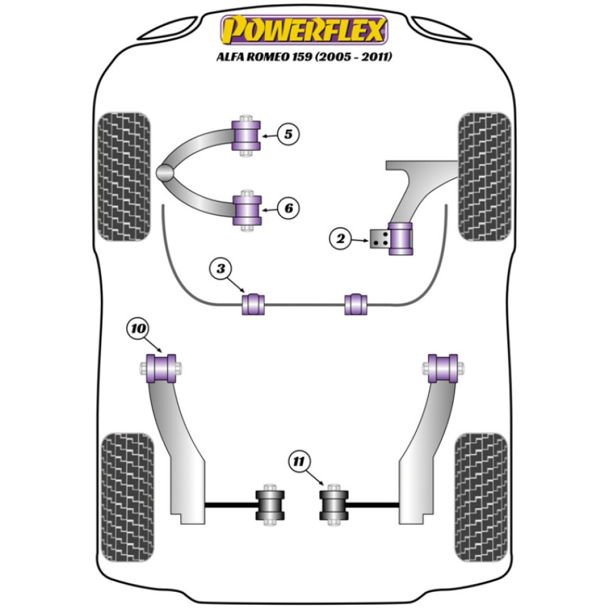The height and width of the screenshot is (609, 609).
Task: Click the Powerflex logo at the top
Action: point(304,30)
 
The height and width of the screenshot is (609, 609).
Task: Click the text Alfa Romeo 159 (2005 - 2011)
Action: point(304,57)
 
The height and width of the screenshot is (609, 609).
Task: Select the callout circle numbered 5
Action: point(289,133)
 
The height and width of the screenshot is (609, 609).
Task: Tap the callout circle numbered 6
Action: point(289,208)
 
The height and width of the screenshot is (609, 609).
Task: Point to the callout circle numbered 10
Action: point(138,329)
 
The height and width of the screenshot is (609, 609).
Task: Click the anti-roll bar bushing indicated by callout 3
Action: point(254,304)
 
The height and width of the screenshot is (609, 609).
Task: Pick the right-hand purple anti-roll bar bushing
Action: point(356,304)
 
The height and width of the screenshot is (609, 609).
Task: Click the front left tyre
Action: point(124,176)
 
